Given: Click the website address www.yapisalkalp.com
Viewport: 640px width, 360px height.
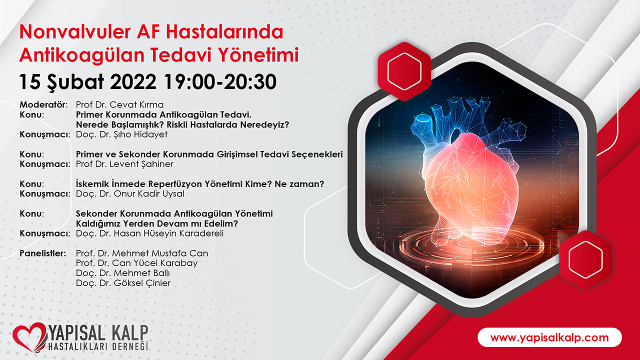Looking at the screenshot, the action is (x=549, y=337).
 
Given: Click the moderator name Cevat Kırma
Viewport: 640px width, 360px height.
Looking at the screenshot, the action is (x=136, y=104).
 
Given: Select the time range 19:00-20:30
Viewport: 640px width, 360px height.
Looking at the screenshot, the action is (x=220, y=81).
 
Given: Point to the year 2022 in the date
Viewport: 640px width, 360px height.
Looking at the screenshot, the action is (x=133, y=81).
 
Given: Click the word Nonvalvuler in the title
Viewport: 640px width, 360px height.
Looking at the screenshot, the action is (x=75, y=31).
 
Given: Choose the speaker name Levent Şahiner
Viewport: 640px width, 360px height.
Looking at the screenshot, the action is (x=141, y=164).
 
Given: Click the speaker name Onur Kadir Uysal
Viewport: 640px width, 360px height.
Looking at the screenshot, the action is (x=149, y=193).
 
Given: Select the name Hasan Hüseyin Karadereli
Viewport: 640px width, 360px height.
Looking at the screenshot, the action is (x=168, y=233).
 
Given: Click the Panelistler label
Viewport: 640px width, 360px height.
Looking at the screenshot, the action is (x=42, y=253).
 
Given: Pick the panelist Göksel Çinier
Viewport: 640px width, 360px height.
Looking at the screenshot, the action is (x=142, y=283).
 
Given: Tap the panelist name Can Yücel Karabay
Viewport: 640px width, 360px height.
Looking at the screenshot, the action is (x=155, y=263).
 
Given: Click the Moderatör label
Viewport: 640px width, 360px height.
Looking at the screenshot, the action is (x=43, y=104).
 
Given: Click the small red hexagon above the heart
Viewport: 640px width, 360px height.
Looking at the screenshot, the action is (x=404, y=71).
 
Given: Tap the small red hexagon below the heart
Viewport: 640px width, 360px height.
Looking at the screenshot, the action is (x=585, y=259).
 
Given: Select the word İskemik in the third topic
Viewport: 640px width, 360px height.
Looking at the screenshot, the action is (x=92, y=183).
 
